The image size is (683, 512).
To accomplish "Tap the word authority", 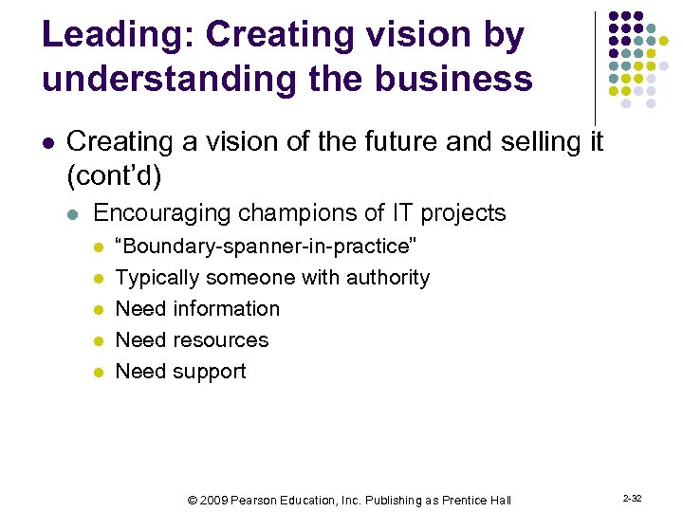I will click(388, 278).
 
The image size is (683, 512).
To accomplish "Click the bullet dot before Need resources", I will click(98, 340).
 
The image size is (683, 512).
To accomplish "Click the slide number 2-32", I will click(633, 498).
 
